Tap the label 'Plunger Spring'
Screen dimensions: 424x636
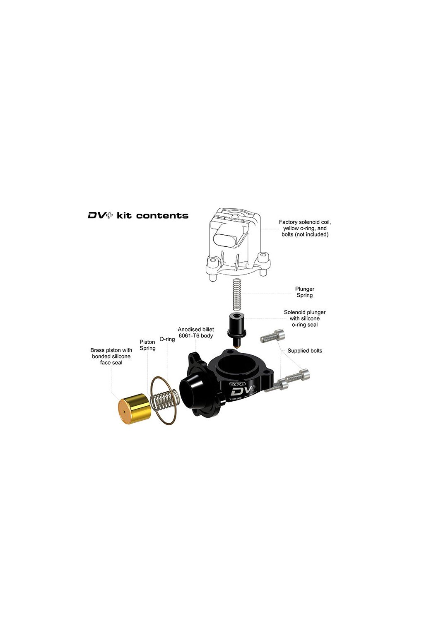pos(304,292)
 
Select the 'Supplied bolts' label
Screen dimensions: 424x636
pos(305,351)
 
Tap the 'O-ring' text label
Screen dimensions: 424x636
pos(167,339)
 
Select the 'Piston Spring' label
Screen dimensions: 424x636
pos(147,345)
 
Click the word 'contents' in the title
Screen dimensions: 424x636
pos(162,215)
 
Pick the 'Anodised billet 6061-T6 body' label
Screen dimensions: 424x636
pos(196,332)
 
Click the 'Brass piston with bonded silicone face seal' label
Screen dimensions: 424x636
pos(111,356)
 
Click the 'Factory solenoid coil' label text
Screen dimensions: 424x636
pos(305,228)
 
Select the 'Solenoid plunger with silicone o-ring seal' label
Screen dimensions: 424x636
pos(305,318)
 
